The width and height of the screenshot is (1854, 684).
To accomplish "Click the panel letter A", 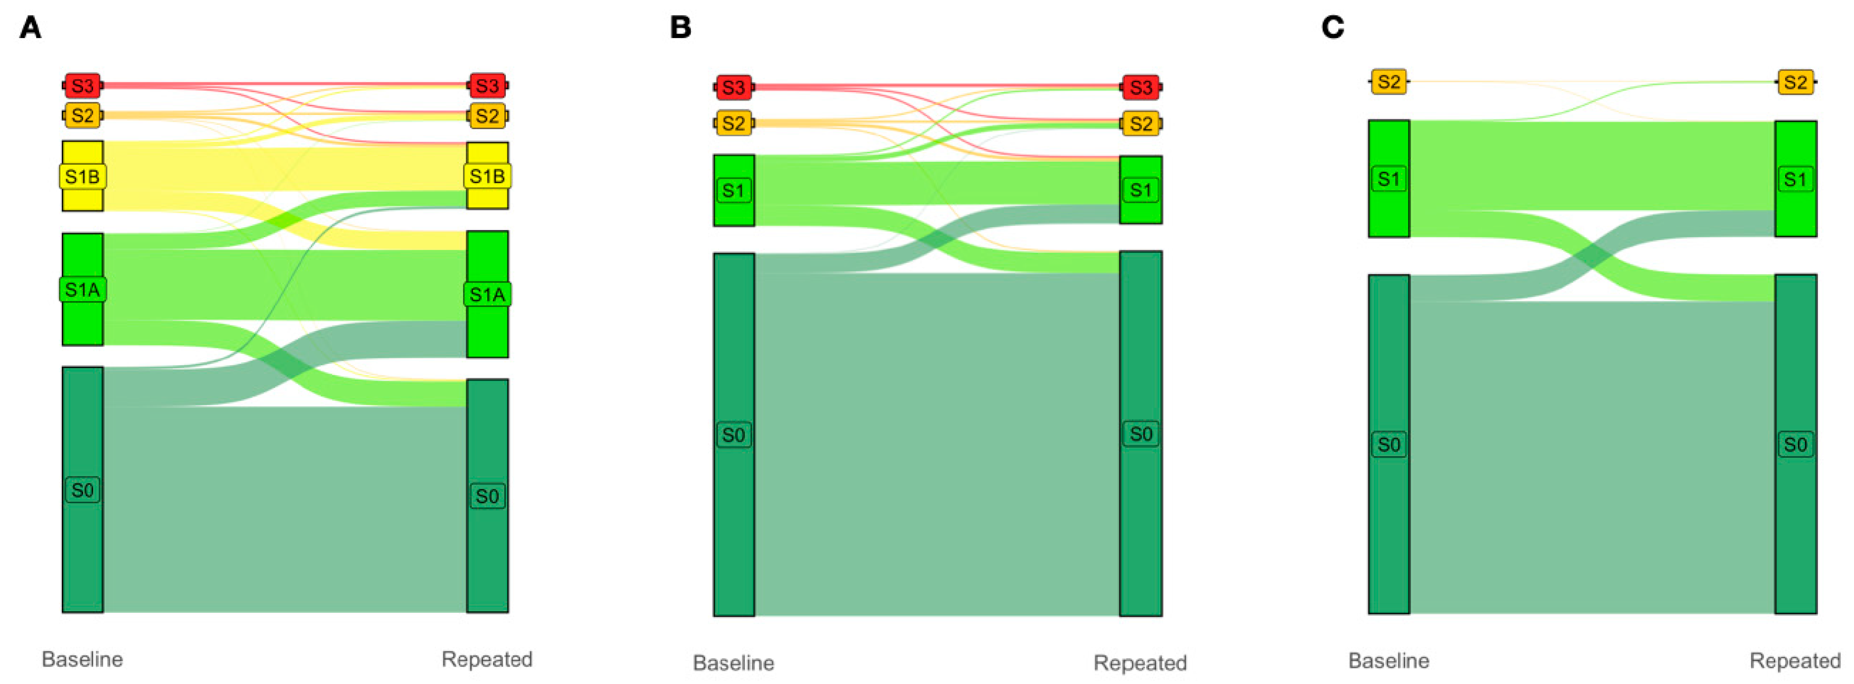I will click(30, 28).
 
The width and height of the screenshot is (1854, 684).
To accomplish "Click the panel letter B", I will click(680, 28).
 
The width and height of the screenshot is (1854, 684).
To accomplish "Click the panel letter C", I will click(1333, 28).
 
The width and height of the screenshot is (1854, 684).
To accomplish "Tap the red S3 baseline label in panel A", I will click(83, 86).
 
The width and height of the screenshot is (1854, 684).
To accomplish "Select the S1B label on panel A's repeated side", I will click(487, 176).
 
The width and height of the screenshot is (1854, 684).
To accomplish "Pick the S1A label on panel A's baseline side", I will click(82, 290).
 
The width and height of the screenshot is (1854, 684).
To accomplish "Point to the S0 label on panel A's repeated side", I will click(487, 495).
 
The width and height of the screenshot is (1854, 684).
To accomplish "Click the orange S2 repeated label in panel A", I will click(487, 115).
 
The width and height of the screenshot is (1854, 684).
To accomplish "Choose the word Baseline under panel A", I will click(82, 659).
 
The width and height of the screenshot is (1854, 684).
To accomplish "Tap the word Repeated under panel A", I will click(487, 659).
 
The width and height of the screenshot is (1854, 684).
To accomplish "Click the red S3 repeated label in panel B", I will click(1141, 88).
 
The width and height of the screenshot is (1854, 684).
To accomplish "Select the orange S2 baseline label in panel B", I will click(733, 123).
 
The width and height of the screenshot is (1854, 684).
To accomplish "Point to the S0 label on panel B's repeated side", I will click(1141, 434).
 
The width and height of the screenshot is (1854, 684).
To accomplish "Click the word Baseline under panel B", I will click(733, 662).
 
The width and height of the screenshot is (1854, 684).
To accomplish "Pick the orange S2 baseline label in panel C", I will click(1388, 81).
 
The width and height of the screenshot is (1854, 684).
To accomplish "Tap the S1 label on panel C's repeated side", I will click(1795, 179).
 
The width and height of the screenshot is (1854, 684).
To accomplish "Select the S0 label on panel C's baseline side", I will click(1388, 444).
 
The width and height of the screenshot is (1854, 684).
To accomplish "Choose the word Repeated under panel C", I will click(1795, 660).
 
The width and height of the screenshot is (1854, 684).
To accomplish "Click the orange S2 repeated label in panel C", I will click(1795, 82).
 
